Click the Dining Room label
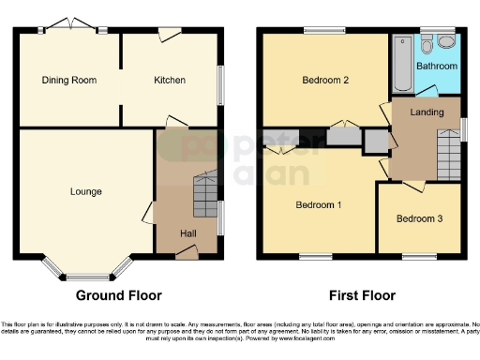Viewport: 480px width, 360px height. pos(69,81)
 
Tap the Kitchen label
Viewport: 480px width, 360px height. pos(170,81)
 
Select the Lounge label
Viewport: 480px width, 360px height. pos(85,191)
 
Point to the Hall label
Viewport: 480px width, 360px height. pos(187,233)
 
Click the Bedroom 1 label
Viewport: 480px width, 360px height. pos(319,205)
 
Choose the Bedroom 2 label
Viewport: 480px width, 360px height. pos(325,82)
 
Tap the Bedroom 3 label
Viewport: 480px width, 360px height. pos(418,219)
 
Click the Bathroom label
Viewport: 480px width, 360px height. pos(437,67)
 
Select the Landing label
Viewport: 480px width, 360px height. pos(427,112)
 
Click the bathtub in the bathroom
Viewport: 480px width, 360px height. pos(403,64)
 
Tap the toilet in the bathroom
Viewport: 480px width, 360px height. pos(427,45)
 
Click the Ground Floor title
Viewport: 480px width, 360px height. pos(118,295)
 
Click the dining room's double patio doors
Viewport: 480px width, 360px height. pos(71,26)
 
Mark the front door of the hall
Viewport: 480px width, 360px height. pos(187,250)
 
